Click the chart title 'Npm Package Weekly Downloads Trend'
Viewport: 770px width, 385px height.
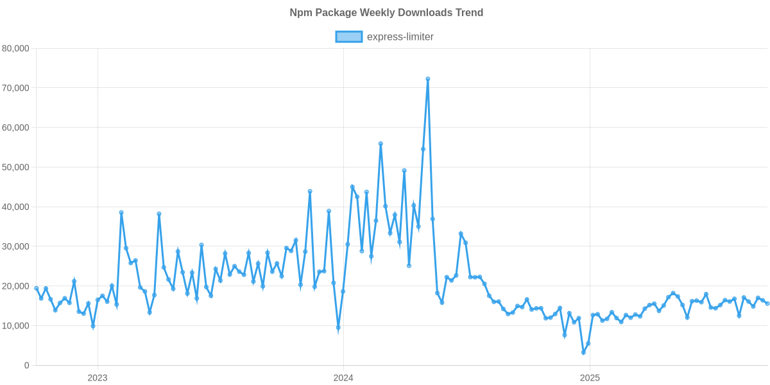coord(386,13)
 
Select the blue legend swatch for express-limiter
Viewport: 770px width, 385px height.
coord(348,37)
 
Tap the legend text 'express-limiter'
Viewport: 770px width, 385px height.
coord(400,37)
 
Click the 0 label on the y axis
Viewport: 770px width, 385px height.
coord(26,366)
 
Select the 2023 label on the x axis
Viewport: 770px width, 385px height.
coord(97,379)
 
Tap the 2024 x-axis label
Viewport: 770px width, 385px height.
coord(343,379)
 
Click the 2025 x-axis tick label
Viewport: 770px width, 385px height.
coord(589,379)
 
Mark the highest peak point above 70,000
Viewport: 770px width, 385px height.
coord(427,79)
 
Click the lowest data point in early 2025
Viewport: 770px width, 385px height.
coord(583,353)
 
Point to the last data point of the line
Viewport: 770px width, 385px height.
coord(767,304)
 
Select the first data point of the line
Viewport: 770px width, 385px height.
coord(36,288)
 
